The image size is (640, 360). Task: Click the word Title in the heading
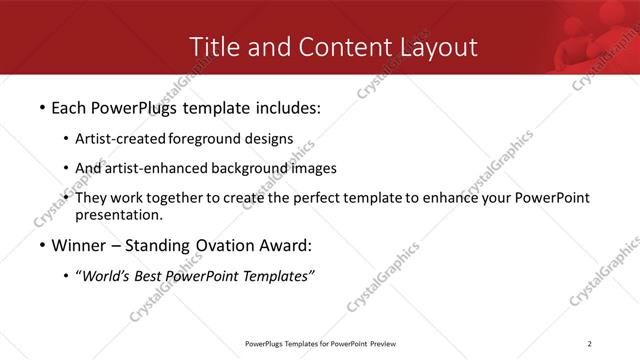pos(213,47)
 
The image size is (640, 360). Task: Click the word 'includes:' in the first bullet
pos(285,106)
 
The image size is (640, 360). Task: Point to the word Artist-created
pos(121,139)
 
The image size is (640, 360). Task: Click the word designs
pos(270,139)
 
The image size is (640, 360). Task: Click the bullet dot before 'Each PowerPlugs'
pos(41,106)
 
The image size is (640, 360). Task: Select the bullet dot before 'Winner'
pos(41,246)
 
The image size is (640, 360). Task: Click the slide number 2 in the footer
pos(590,345)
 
